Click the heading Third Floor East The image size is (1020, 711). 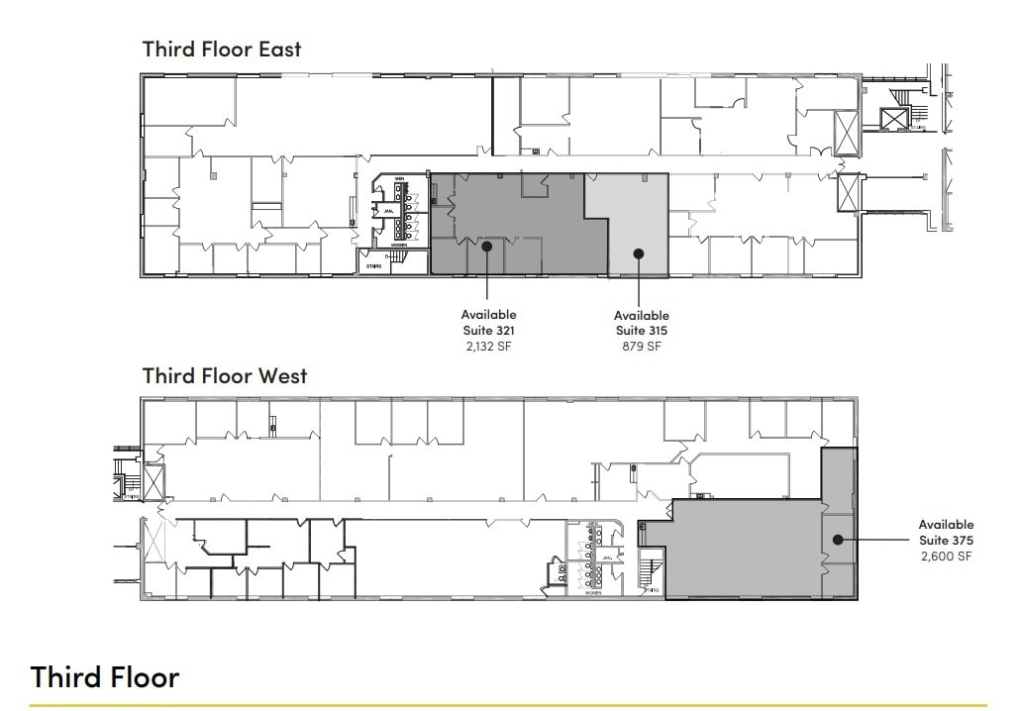(222, 48)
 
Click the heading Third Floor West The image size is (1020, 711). (225, 375)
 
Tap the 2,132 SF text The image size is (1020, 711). (488, 347)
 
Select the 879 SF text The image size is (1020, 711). (642, 347)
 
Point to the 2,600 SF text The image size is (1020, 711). (946, 557)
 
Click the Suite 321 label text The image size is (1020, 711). (488, 331)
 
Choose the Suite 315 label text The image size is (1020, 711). (642, 331)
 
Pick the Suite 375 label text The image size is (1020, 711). (946, 541)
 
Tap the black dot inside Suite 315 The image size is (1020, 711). (639, 254)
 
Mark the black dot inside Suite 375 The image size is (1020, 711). (837, 540)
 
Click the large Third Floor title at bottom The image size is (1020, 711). (105, 677)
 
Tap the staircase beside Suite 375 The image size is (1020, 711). (651, 572)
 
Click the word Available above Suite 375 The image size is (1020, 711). (946, 525)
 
